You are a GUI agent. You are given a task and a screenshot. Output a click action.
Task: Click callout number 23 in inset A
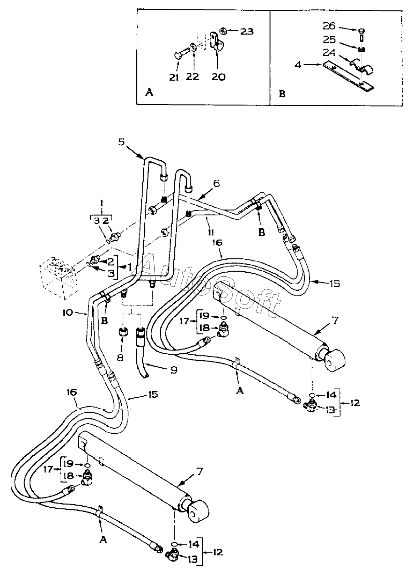(x=246, y=31)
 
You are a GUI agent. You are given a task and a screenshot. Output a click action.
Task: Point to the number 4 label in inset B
(x=298, y=66)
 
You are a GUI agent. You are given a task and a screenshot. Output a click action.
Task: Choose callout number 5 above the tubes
(x=122, y=142)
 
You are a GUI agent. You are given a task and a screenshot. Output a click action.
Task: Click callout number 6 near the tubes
(x=217, y=183)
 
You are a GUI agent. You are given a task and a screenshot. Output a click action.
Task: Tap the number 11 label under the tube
(x=211, y=232)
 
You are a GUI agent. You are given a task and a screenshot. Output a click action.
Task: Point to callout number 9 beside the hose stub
(x=174, y=370)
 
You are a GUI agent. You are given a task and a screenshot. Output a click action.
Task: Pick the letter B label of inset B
(x=282, y=94)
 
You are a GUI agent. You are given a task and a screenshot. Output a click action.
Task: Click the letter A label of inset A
(x=149, y=93)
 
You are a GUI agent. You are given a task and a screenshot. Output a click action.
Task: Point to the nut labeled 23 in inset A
(x=224, y=32)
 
